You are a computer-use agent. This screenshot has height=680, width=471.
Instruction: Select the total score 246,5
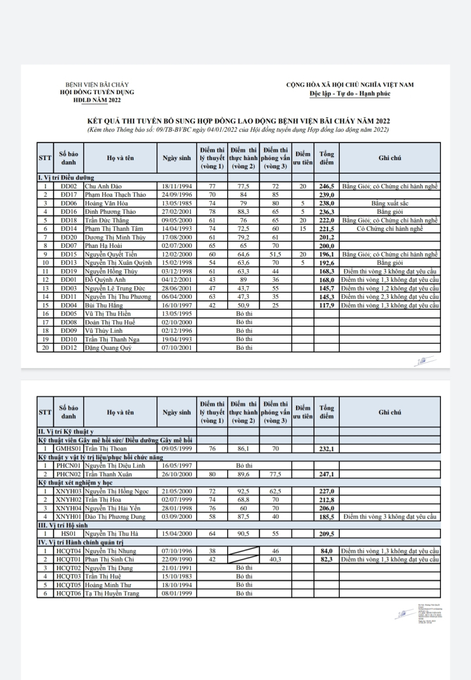[x=327, y=186]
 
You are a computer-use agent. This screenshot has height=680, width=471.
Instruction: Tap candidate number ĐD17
[x=69, y=194]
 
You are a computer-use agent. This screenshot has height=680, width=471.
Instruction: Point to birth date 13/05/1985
[x=177, y=203]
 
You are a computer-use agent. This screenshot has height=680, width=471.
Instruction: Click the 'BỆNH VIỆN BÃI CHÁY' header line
[x=97, y=85]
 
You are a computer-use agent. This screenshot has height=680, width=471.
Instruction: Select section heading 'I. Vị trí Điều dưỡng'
[x=66, y=177]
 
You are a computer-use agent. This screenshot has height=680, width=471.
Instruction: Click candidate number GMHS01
[x=69, y=448]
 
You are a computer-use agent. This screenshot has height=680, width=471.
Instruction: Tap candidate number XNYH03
[x=69, y=491]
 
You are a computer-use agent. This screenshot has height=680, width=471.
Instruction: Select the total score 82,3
[x=327, y=559]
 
